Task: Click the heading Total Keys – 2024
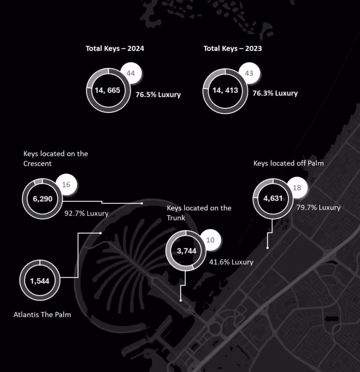[x=115, y=49]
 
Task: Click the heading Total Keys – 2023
[x=233, y=49]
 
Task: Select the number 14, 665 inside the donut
[x=108, y=90]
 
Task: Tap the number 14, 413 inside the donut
[x=225, y=90]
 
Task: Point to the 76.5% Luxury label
[x=158, y=94]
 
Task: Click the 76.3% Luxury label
[x=275, y=93]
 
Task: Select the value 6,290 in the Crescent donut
[x=43, y=199]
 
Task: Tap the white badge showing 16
[x=66, y=185]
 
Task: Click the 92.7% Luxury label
[x=86, y=213]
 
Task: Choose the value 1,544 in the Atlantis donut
[x=40, y=281]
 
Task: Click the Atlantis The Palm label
[x=42, y=315]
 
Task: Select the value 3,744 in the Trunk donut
[x=187, y=251]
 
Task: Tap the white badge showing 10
[x=210, y=240]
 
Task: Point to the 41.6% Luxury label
[x=231, y=262]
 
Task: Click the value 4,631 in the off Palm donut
[x=273, y=198]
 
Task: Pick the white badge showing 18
[x=297, y=188]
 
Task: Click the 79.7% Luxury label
[x=318, y=207]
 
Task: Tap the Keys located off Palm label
[x=288, y=163]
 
